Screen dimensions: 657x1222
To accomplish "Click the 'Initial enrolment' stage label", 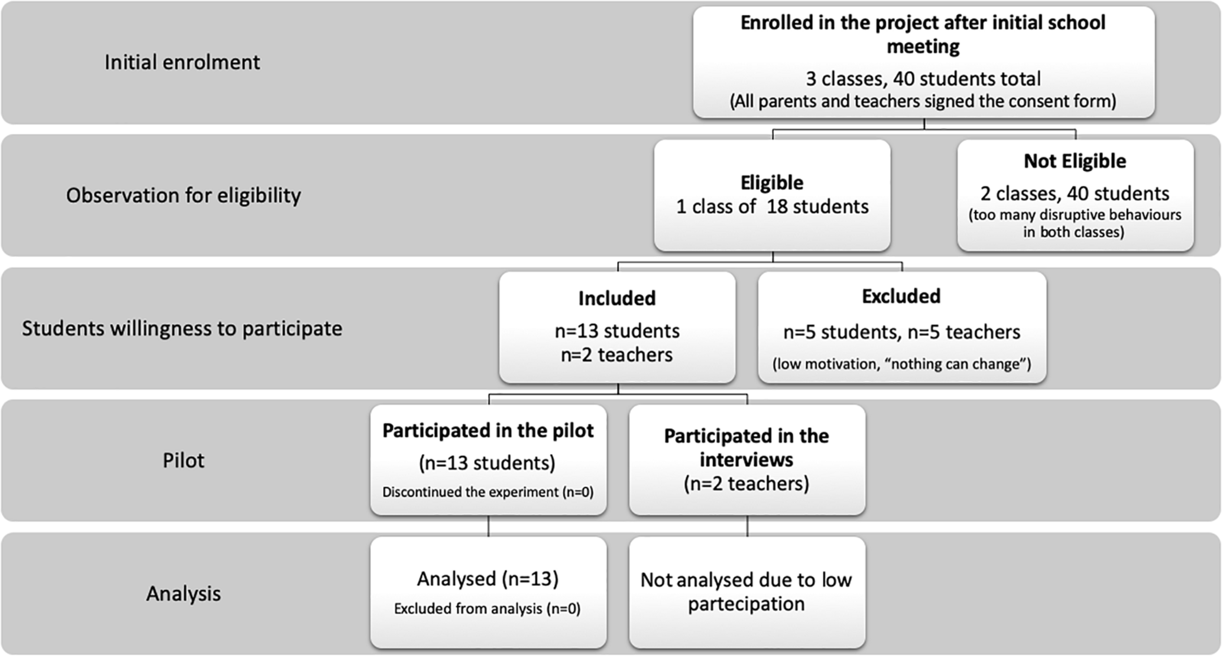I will (x=182, y=63).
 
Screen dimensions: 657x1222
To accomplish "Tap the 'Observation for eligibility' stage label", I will (x=183, y=195).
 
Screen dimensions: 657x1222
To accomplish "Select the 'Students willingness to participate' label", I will (x=182, y=328).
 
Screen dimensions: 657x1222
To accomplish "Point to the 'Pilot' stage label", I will (x=183, y=461).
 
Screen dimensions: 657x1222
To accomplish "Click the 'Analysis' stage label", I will (x=183, y=593).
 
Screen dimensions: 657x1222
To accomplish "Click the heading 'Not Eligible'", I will (x=1075, y=161).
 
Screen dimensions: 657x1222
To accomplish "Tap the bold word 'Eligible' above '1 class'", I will (x=772, y=183).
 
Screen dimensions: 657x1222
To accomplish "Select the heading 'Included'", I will (x=617, y=298).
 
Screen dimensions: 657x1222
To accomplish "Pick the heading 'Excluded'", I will (x=901, y=296).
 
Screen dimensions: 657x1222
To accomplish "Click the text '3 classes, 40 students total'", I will (x=923, y=79).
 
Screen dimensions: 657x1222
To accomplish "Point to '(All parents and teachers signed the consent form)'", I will (x=923, y=101).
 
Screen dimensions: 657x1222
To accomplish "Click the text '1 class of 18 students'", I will (x=772, y=207).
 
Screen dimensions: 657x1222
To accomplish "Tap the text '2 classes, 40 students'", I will (x=1075, y=194).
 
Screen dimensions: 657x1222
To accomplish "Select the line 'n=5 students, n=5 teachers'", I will (x=901, y=332).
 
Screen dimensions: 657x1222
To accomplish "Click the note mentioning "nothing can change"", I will (x=901, y=364).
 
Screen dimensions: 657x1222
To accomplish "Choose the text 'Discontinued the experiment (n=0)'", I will (x=488, y=492).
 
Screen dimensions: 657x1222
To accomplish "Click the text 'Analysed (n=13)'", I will (x=488, y=579).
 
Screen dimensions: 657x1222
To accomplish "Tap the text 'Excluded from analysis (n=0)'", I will (x=487, y=609).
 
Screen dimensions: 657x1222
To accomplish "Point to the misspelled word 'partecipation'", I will (x=746, y=604).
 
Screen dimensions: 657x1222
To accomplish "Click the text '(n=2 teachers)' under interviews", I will (x=746, y=484).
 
